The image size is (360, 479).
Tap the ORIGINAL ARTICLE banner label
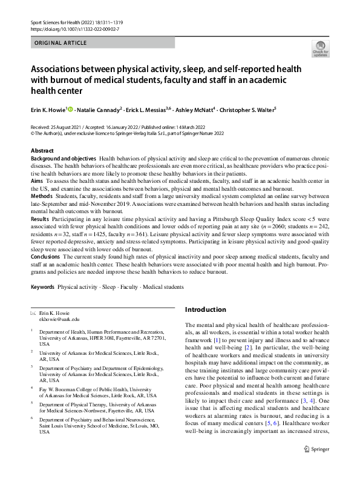tap(61, 43)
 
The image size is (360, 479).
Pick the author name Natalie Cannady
tap(100, 110)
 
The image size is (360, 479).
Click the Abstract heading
tap(42, 150)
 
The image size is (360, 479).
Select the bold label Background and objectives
tap(63, 158)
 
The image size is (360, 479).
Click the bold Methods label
tap(41, 196)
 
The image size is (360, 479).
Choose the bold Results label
tap(41, 219)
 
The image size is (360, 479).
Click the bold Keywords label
tap(42, 287)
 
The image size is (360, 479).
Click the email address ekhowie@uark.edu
tap(59, 319)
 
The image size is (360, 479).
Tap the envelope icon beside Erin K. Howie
tap(33, 312)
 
